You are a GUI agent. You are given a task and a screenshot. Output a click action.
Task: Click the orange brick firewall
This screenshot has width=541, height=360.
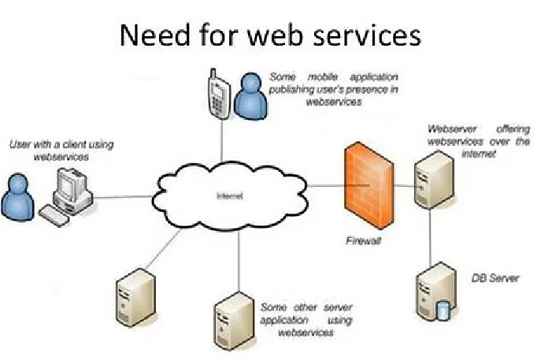(369, 184)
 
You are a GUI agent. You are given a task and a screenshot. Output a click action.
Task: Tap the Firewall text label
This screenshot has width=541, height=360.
(363, 241)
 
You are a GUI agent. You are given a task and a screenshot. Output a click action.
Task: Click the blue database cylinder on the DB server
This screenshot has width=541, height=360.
(443, 310)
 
